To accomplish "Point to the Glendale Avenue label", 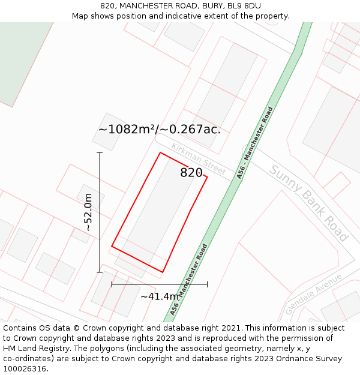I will tap(314, 289).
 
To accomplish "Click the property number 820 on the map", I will tap(191, 173).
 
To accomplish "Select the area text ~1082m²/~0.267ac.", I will tap(160, 129).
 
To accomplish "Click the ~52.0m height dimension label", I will tap(88, 212).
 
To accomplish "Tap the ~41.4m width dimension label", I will tap(160, 296).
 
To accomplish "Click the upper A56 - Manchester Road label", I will tap(255, 142).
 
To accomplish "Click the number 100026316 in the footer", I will tap(26, 369).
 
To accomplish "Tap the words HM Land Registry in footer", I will tap(32, 349).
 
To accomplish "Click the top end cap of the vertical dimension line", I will tap(100, 152).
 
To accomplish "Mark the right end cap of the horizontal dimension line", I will tap(207, 284).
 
